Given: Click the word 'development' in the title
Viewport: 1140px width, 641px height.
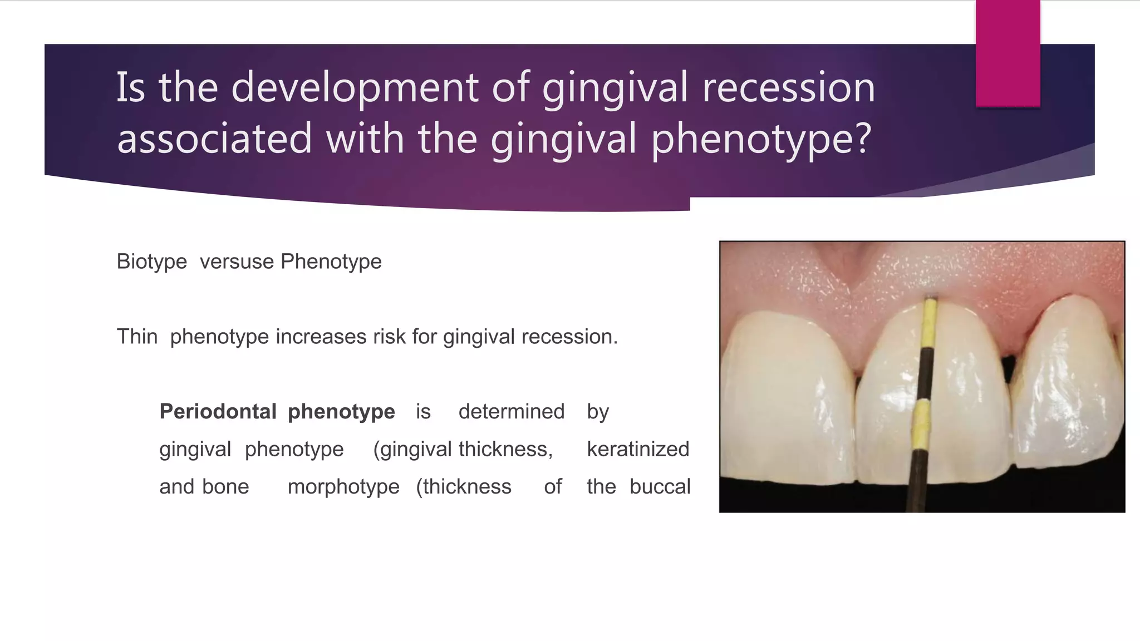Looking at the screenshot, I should pyautogui.click(x=354, y=87).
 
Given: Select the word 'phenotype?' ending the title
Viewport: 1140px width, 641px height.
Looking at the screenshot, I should pyautogui.click(x=760, y=139).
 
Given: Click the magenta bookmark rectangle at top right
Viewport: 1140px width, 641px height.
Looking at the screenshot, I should pyautogui.click(x=1008, y=53).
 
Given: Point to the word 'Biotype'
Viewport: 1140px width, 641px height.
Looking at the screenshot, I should pyautogui.click(x=151, y=262).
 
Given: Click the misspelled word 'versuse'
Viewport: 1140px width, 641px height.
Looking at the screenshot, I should pyautogui.click(x=237, y=262).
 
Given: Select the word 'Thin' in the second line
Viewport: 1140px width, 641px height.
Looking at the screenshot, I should pyautogui.click(x=137, y=337).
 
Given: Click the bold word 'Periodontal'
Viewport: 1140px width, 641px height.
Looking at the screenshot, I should pyautogui.click(x=218, y=412).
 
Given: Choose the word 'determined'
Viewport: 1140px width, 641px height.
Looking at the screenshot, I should pyautogui.click(x=511, y=412).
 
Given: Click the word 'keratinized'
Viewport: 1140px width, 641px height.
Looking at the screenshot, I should pyautogui.click(x=638, y=449).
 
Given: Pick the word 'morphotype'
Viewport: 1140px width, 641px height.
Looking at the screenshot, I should pyautogui.click(x=343, y=487).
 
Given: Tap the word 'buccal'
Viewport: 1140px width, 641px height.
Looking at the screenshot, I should pyautogui.click(x=660, y=487).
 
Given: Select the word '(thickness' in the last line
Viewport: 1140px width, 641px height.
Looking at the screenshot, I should pyautogui.click(x=464, y=487).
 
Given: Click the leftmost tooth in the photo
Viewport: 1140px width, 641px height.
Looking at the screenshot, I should pyautogui.click(x=788, y=401).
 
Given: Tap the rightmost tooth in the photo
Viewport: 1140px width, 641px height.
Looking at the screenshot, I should pyautogui.click(x=1066, y=384).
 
